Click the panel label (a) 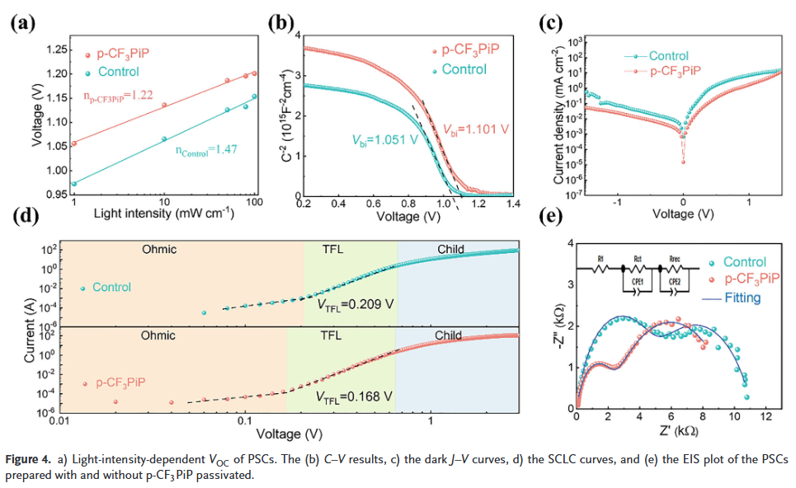coord(22,22)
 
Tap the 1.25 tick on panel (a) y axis coord(54,50)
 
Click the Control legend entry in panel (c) coord(668,56)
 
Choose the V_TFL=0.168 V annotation coord(356,396)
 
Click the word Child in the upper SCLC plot coord(451,248)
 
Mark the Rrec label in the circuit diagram coord(674,258)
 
